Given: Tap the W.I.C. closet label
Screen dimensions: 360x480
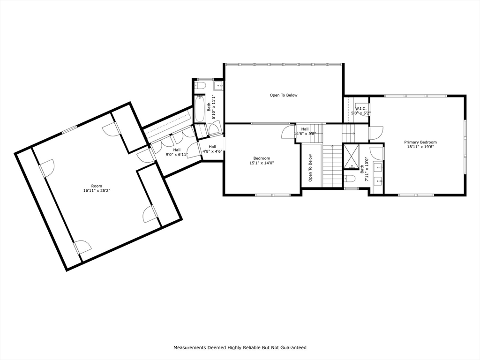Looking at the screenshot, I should coord(361,108).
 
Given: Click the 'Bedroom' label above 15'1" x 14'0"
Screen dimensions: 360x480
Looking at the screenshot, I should coord(262,158).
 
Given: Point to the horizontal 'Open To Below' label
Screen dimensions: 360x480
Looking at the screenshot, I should coord(283,95).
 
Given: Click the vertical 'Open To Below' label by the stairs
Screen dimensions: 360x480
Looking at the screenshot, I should coord(310,168).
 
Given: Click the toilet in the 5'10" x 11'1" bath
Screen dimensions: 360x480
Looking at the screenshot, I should coord(200,86).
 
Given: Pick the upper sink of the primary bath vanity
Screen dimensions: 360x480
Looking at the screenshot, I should coord(378,167).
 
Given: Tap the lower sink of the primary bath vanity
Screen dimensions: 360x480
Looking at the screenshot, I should coord(378,180).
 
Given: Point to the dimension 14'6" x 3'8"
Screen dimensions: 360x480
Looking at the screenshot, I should coord(305,134).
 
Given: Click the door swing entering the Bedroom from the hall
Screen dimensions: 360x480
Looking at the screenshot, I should coord(287,133).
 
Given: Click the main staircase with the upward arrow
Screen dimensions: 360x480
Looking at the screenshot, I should coord(332,164).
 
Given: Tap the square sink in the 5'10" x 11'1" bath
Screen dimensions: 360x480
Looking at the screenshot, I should coord(218,86).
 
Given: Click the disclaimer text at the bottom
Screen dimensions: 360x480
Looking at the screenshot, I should coord(240,347).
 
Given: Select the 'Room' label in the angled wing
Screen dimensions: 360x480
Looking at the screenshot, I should coord(97,186).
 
